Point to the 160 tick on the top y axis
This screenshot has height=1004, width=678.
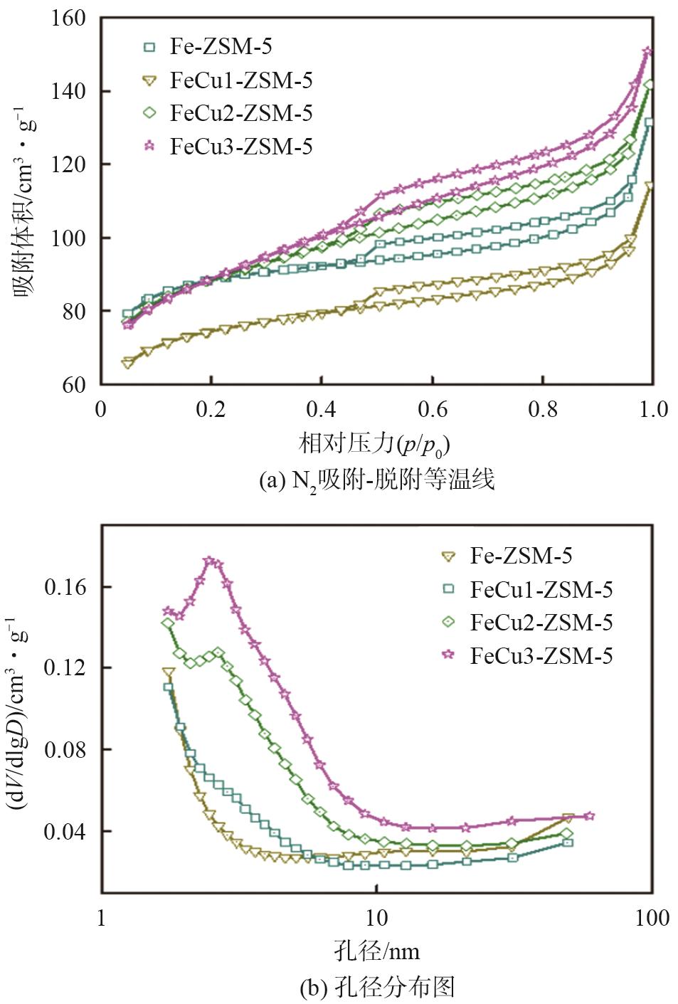click(68, 18)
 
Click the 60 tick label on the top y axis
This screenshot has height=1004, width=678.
click(74, 385)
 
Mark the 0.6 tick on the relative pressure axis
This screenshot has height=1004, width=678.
click(433, 410)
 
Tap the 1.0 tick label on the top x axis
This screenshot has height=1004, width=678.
click(652, 410)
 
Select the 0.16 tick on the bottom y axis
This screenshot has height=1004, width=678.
click(65, 587)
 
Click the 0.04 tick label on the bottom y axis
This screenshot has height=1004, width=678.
click(65, 831)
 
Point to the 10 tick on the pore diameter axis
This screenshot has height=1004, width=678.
click(376, 918)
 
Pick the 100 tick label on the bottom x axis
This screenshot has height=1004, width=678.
click(652, 918)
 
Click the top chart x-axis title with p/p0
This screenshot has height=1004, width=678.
click(375, 445)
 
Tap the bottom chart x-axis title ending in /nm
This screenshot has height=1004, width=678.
click(376, 951)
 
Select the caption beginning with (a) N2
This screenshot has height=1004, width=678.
click(376, 481)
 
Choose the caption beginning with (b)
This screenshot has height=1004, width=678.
click(376, 987)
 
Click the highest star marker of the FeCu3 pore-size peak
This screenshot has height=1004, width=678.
click(209, 561)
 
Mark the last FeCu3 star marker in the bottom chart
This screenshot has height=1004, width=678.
click(589, 816)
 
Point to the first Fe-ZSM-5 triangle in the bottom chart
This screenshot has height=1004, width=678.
click(169, 672)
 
